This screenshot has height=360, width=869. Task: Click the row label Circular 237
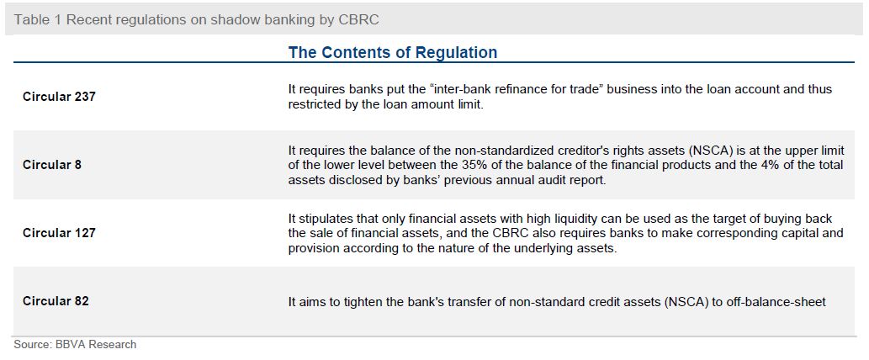(x=59, y=97)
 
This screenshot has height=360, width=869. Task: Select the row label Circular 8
(x=52, y=165)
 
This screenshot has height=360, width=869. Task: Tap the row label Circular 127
(x=59, y=233)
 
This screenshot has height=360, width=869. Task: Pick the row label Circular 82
(x=56, y=301)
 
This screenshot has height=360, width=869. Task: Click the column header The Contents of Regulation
(x=393, y=53)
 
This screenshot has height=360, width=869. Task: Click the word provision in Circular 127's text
(x=312, y=249)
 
